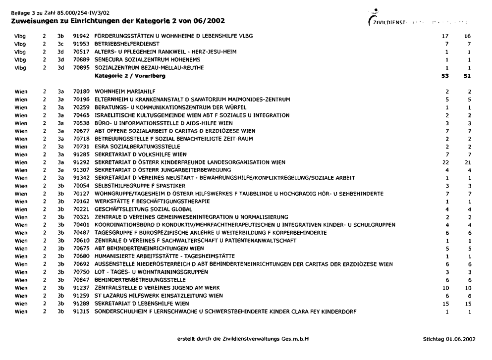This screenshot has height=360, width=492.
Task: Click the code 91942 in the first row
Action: tap(80, 36)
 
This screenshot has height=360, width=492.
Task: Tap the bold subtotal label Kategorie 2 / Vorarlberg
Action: tap(130, 76)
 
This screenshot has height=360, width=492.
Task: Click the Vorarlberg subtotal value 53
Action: tap(444, 76)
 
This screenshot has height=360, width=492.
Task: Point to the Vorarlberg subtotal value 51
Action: tap(467, 76)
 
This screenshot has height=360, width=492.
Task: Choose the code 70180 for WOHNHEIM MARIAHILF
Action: tap(80, 92)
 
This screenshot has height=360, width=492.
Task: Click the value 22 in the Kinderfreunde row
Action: tap(445, 162)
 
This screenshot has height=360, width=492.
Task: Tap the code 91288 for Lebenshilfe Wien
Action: tap(80, 304)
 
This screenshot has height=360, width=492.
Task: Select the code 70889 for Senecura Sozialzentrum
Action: tap(80, 59)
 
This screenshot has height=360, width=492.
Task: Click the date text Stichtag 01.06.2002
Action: tap(448, 339)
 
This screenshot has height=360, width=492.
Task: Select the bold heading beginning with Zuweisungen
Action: tap(117, 21)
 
